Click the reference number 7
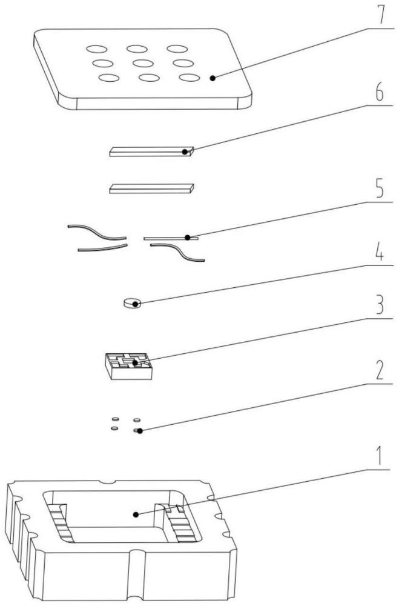[x=380, y=15]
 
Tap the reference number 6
[x=380, y=92]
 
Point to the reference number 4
[x=380, y=251]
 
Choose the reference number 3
[x=380, y=304]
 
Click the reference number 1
[x=380, y=455]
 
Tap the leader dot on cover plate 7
[x=213, y=78]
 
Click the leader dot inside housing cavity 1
[x=136, y=514]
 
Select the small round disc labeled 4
[x=132, y=304]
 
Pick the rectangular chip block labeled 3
[x=128, y=365]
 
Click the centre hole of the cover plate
[x=143, y=63]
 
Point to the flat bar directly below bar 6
[x=151, y=188]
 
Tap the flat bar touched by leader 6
[x=151, y=151]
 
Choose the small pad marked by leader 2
[x=137, y=430]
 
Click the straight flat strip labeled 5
[x=171, y=238]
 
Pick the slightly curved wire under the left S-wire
[x=102, y=248]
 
